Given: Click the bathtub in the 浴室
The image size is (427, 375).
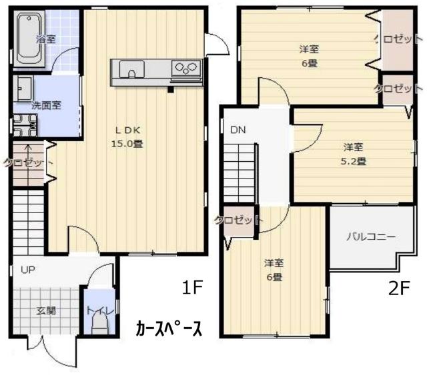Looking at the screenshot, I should pyautogui.click(x=28, y=39).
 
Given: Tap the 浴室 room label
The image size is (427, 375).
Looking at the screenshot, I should pyautogui.click(x=46, y=39).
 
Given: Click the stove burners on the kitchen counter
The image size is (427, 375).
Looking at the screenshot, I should pyautogui.click(x=186, y=67).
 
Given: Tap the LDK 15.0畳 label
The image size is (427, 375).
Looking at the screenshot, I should pyautogui.click(x=126, y=137).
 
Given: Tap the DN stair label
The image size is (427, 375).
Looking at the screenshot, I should pyautogui.click(x=238, y=130).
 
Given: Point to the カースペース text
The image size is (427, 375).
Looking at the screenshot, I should pyautogui.click(x=168, y=328).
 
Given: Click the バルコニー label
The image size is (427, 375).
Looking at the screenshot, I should pyautogui.click(x=371, y=236).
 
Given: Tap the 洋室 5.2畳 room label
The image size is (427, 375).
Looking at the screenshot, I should pyautogui.click(x=354, y=153).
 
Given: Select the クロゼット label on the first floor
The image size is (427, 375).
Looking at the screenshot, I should pyautogui.click(x=25, y=162).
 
